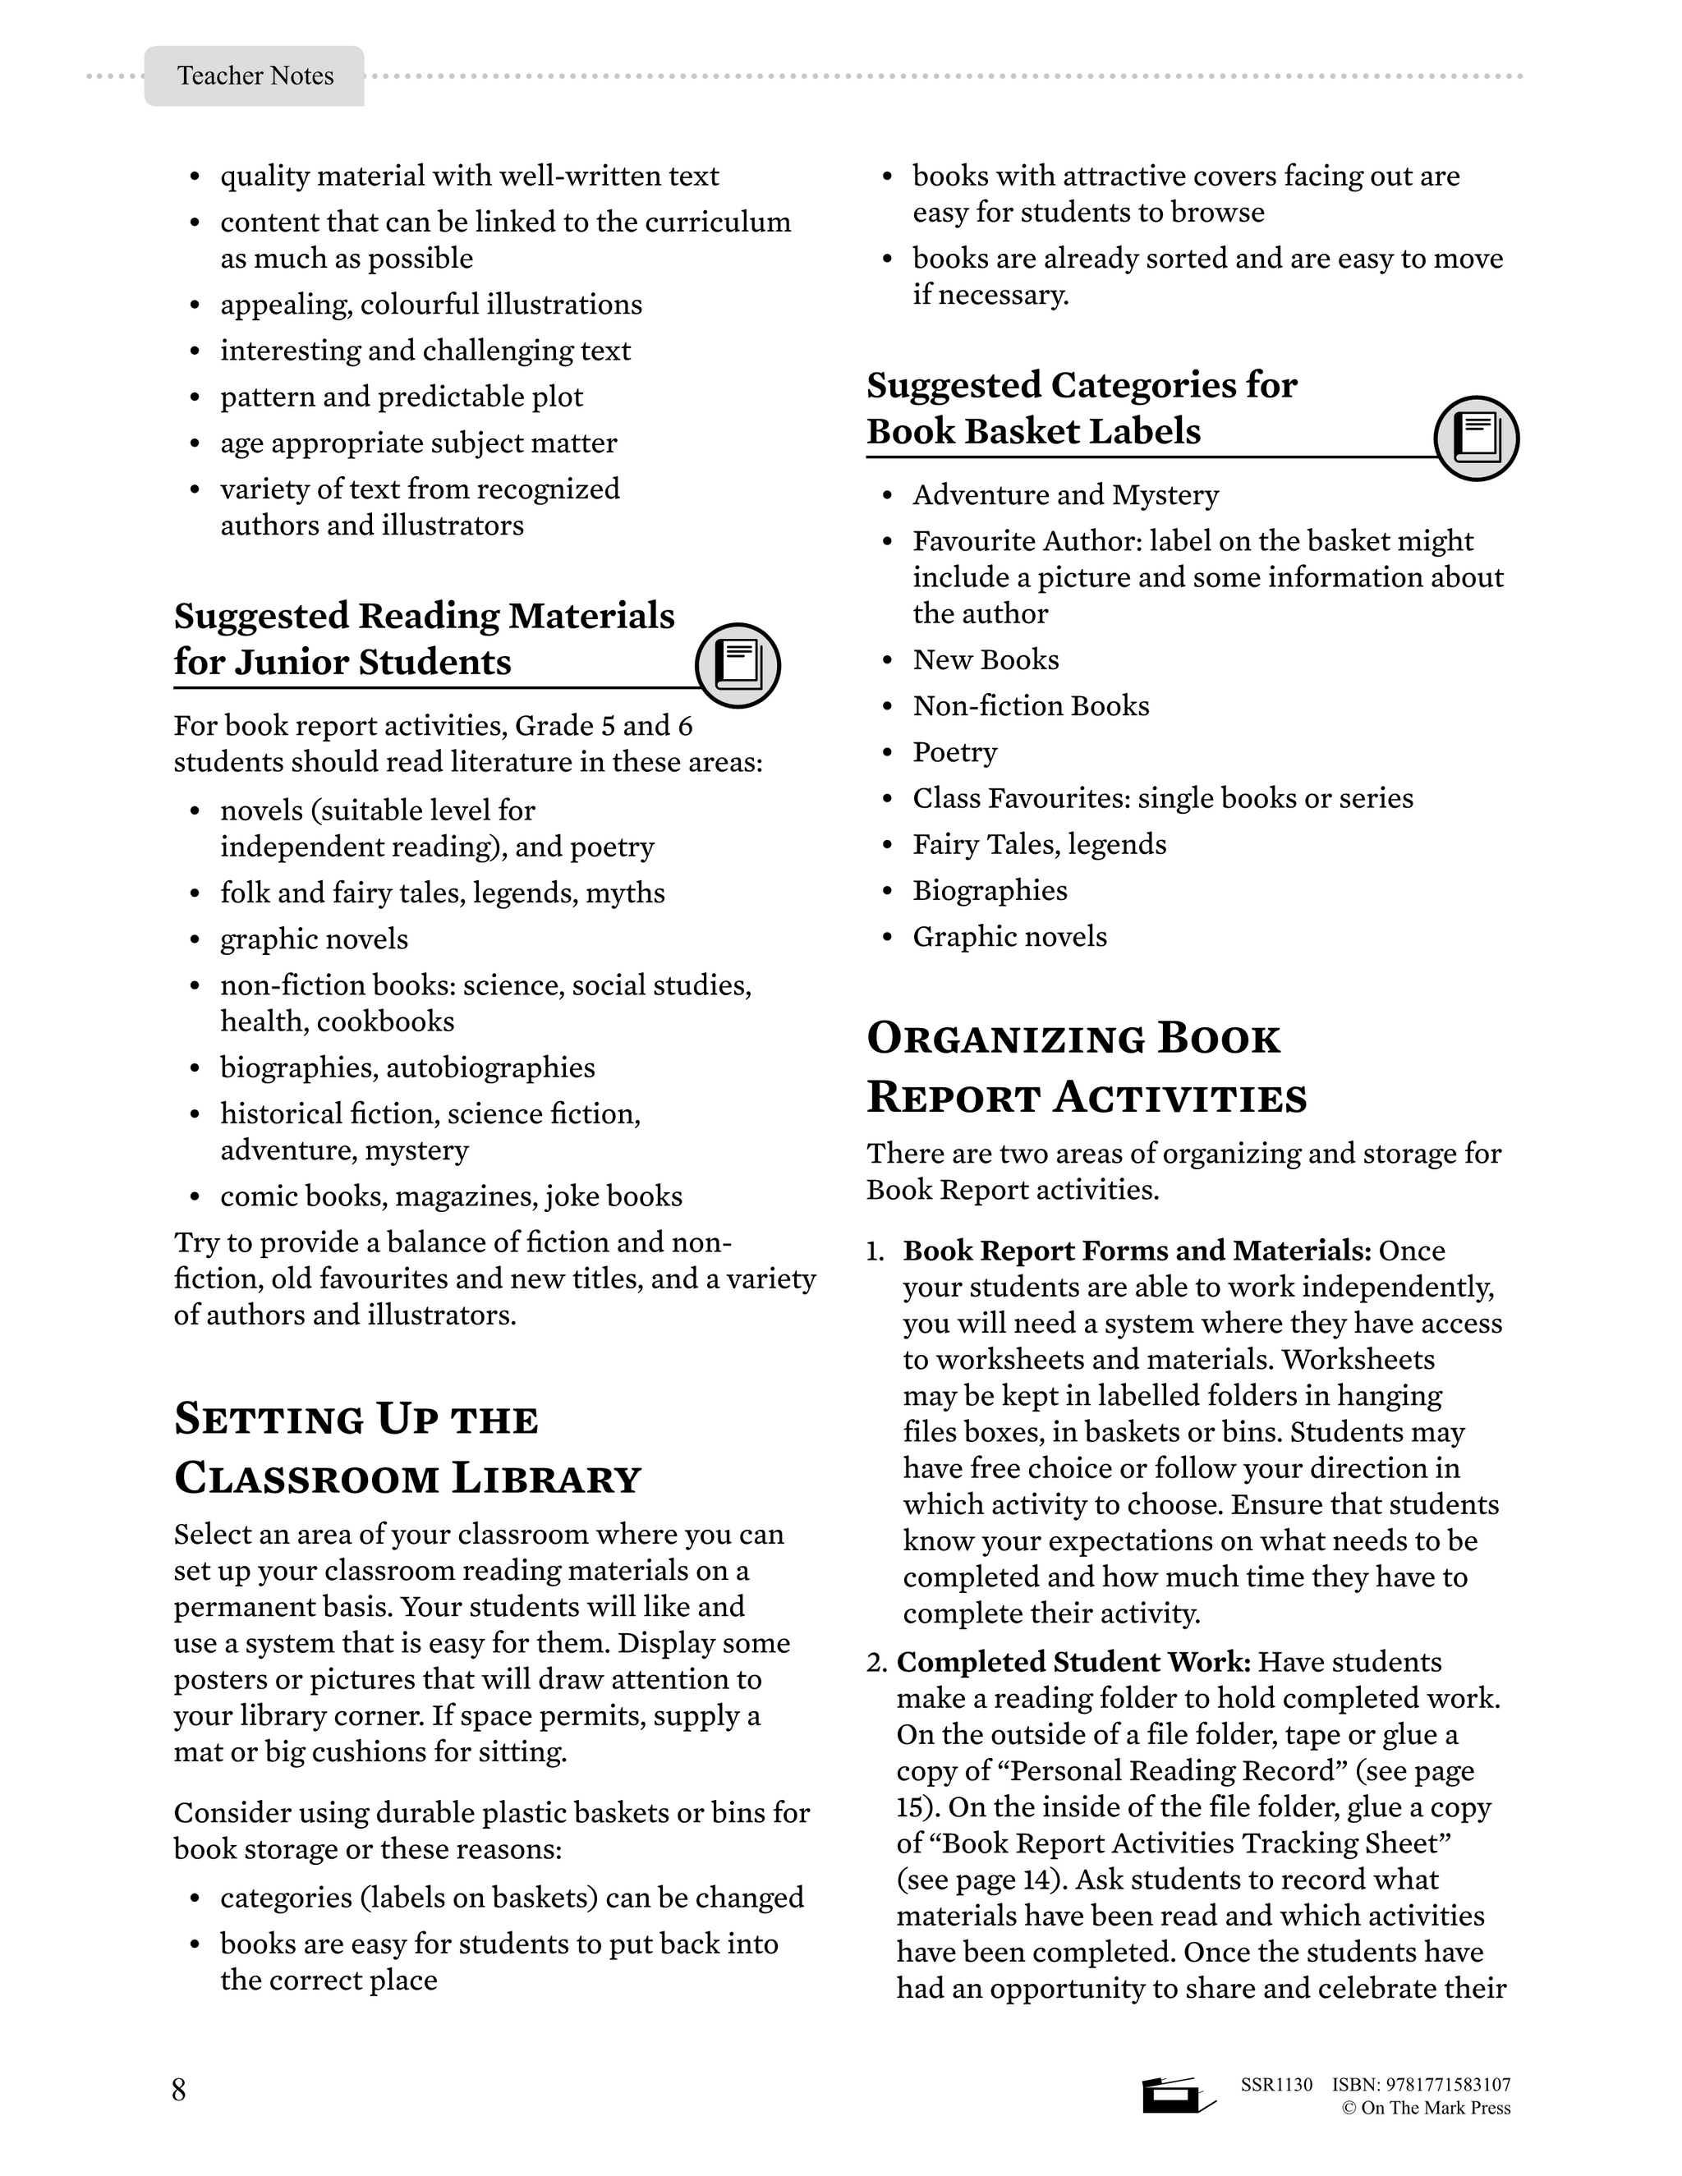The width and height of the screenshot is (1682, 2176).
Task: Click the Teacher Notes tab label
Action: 255,76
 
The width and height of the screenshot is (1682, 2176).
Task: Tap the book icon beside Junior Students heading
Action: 738,664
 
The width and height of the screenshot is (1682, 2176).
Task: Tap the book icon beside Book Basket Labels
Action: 1476,438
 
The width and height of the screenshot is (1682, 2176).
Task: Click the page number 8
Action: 179,2089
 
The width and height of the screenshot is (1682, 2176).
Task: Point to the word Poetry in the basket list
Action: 954,752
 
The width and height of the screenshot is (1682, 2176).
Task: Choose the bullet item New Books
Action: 986,659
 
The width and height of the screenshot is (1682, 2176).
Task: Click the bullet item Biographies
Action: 990,891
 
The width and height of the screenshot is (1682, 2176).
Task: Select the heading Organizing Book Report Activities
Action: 1086,1067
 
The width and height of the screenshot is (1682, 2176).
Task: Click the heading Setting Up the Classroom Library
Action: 407,1448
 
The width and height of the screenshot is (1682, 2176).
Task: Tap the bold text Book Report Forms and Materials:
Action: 1137,1251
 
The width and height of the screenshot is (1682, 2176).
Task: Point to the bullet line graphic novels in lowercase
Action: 314,939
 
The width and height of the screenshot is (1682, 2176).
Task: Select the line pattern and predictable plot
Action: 402,397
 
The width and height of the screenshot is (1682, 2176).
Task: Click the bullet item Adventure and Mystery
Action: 1065,495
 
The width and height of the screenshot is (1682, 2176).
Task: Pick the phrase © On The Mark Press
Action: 1426,2108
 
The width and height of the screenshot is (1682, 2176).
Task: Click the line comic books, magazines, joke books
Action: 452,1196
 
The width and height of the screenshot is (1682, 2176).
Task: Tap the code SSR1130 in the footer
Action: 1276,2084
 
